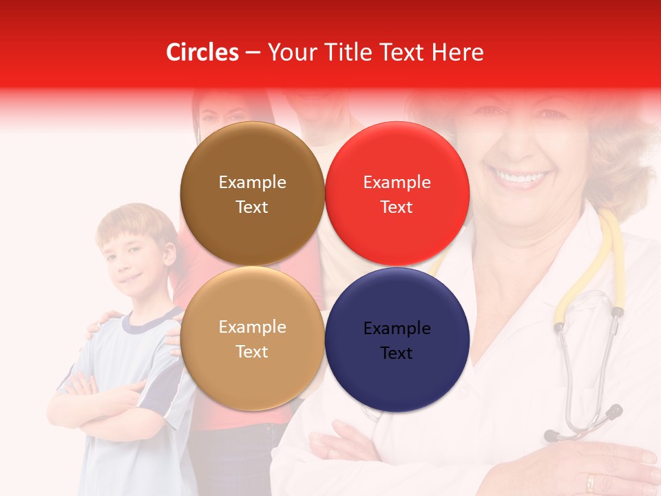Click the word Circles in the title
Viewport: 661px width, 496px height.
click(x=202, y=52)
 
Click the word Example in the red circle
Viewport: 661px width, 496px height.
click(x=397, y=182)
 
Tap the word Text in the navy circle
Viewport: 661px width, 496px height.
click(x=397, y=353)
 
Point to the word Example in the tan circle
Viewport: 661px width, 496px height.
click(x=252, y=327)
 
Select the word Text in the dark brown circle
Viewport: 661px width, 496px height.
click(x=252, y=207)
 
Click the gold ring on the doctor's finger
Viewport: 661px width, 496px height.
click(x=590, y=482)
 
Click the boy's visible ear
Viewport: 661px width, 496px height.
click(x=168, y=256)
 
